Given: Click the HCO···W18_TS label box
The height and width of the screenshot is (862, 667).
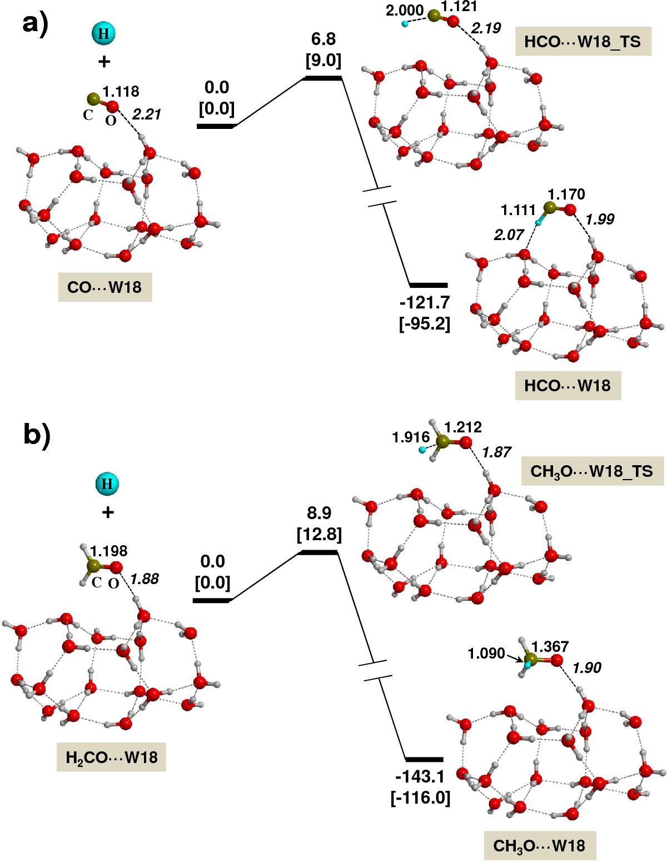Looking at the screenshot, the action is pos(583,41).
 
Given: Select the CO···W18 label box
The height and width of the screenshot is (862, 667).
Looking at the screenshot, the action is pos(105,287).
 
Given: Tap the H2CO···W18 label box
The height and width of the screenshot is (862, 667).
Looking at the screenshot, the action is pos(111,757).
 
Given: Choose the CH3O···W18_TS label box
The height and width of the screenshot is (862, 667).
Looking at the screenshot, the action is pos(592,471).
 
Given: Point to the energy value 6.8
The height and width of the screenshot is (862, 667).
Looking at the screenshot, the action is pos(323,39).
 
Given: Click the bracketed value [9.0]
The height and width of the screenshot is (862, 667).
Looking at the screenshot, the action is pos(323,60).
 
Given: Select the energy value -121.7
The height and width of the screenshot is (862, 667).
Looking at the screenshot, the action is pos(425,303).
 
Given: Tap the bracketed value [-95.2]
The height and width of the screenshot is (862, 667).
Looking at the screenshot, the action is pos(425,324).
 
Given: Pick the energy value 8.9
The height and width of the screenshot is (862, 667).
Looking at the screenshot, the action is pos(319,513).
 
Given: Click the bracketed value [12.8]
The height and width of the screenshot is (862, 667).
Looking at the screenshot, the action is pos(319,534).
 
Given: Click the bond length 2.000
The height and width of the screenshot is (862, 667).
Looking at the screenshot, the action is pos(405,11).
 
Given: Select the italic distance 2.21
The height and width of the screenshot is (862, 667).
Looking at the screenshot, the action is pos(147,114).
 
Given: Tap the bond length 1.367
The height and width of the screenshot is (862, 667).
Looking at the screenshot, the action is pos(550,646).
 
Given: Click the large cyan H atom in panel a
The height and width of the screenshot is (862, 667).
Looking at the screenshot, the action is pos(104,33).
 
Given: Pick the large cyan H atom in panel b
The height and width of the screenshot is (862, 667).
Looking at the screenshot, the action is pos(107,484).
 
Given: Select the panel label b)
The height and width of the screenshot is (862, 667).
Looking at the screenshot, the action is pos(37,436).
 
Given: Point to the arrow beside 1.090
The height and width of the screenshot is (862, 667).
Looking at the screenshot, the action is pos(515,657).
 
